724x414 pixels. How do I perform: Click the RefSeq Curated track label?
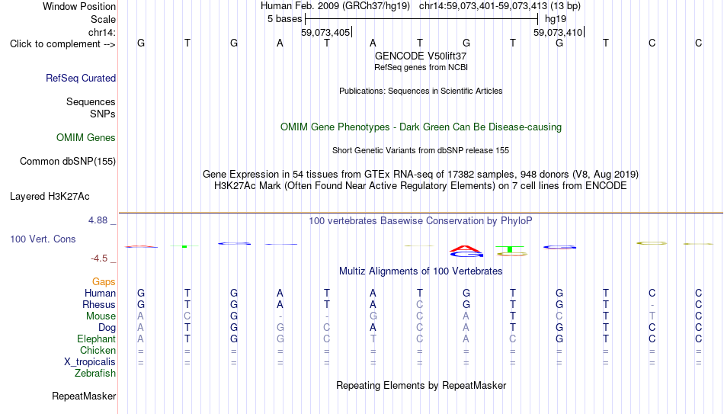tap(81, 78)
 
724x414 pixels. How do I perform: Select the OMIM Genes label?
tap(86, 138)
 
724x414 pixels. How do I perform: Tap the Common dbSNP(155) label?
tap(68, 162)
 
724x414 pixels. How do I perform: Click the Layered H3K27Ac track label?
tap(50, 197)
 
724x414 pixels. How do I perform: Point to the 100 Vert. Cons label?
tap(43, 239)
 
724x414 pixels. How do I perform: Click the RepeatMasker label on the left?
tap(84, 396)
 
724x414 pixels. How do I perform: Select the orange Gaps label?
tap(104, 282)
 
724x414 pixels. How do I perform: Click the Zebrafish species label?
tap(95, 374)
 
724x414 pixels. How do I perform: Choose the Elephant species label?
tap(97, 339)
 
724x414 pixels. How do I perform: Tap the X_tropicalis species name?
tap(90, 362)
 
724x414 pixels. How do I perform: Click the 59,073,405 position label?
tap(325, 33)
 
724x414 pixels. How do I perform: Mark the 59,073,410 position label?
tap(558, 33)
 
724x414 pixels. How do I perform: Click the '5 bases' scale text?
tap(284, 19)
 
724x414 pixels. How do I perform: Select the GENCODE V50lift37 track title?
tap(421, 56)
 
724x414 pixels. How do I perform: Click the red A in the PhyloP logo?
tap(465, 249)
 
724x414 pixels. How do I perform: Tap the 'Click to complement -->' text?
tap(62, 44)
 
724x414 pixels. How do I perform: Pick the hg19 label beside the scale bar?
tap(556, 19)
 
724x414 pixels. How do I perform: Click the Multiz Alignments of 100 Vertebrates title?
tap(421, 271)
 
